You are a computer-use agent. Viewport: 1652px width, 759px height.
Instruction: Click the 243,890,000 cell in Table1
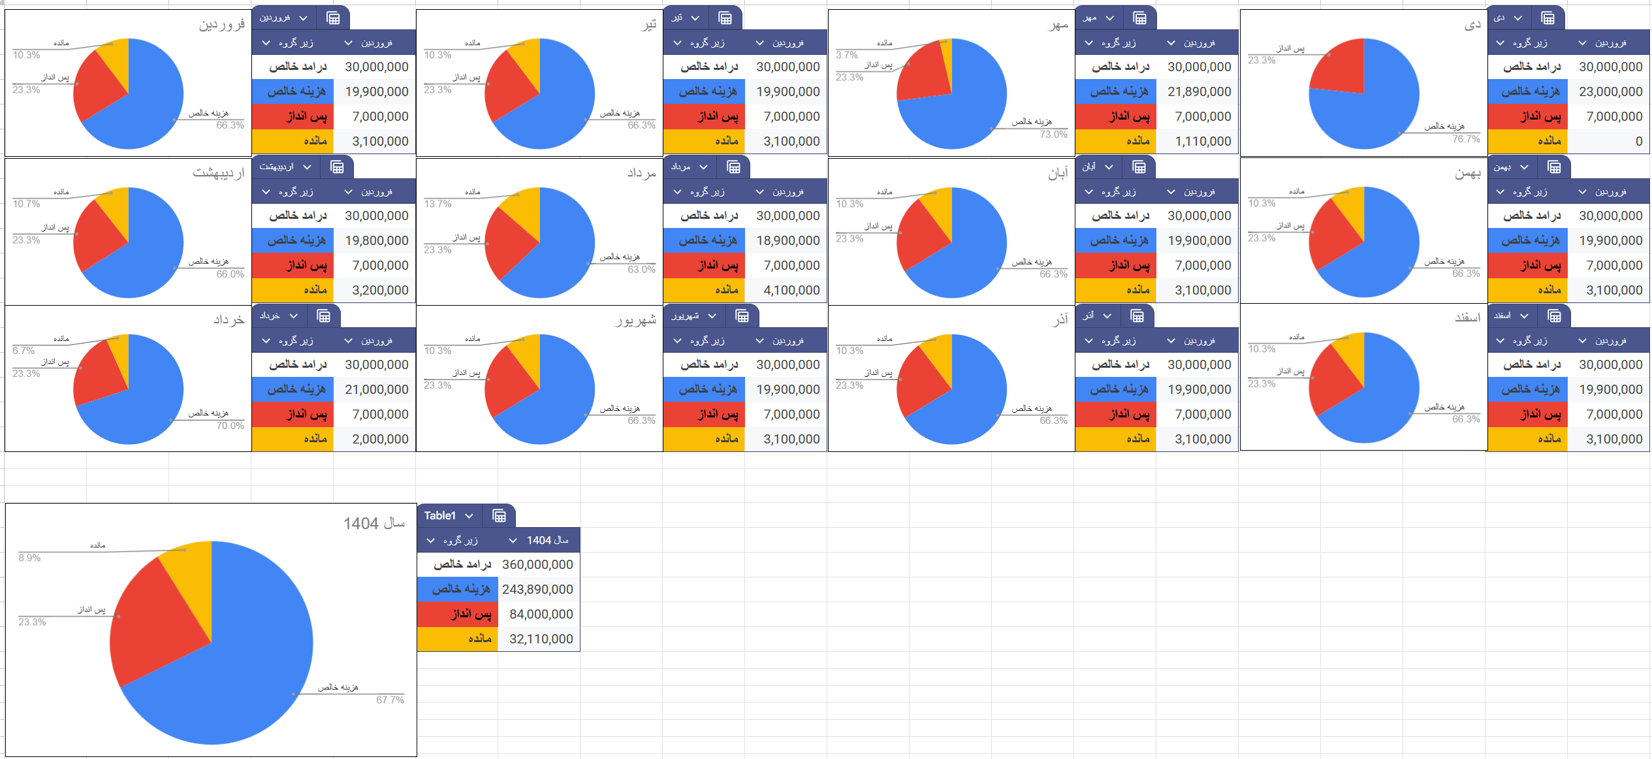537,589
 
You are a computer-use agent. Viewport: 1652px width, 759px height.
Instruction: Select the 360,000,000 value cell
537,564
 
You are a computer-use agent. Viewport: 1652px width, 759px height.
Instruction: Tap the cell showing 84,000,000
541,614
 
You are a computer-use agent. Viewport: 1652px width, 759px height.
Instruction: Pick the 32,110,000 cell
541,639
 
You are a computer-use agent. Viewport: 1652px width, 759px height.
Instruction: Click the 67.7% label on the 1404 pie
390,700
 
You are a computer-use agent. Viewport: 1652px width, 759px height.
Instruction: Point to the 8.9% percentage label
29,558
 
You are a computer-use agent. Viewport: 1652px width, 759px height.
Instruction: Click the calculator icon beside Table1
499,516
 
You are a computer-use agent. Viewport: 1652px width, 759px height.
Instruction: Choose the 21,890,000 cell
1199,91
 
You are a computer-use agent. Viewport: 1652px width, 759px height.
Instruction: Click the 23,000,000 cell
1610,91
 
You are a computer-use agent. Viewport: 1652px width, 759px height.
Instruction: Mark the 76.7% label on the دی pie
1466,139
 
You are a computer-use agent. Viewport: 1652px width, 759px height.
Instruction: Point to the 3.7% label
847,55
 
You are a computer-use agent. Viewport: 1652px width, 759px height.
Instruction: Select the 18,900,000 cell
787,240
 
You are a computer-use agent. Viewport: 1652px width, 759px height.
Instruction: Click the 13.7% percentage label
437,204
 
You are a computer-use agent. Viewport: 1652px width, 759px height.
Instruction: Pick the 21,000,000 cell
376,389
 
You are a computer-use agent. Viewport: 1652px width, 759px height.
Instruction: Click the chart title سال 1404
374,523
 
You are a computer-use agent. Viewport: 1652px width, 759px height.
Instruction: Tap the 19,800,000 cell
376,240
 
